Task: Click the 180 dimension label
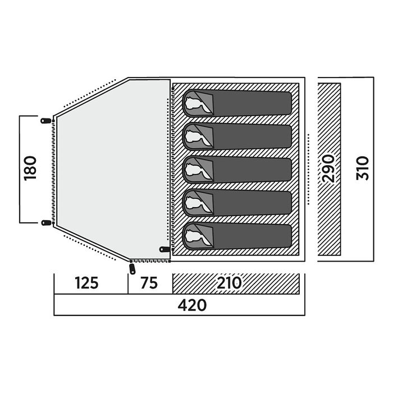30,168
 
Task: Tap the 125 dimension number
86,283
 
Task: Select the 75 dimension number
149,283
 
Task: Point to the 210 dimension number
229,283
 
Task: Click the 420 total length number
192,305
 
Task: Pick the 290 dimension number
328,168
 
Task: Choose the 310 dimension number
363,168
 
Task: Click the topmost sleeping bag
237,103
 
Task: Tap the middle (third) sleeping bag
237,170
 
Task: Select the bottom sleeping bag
237,236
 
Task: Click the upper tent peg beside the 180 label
46,121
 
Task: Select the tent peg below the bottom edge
132,268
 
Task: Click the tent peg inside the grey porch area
164,249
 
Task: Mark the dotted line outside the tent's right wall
308,170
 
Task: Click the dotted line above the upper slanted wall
89,93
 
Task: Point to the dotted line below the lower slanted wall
89,248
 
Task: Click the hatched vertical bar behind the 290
329,169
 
